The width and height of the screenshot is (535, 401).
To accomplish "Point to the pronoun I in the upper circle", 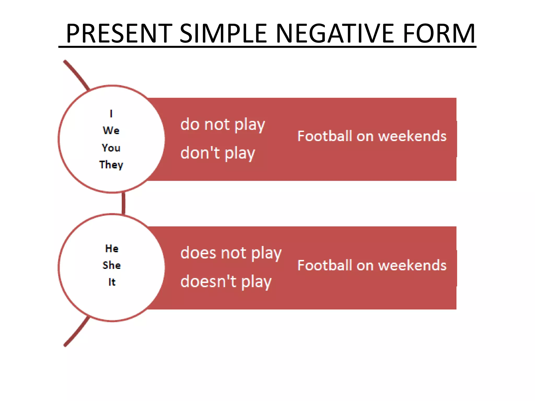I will click(111, 114).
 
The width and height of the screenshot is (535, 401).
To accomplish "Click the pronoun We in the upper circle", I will click(111, 131).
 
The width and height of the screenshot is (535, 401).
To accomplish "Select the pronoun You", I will click(111, 148).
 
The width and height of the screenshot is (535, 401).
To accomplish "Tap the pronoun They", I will click(111, 165).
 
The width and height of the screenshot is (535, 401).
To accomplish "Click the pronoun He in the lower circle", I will click(112, 248).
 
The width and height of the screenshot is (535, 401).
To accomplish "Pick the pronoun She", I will click(112, 265).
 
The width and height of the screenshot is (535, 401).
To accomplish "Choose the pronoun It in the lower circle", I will click(112, 282).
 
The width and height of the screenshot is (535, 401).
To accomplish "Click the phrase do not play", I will click(223, 125).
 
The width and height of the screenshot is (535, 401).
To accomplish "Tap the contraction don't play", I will click(218, 153).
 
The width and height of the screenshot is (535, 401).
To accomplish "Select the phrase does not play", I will click(231, 253).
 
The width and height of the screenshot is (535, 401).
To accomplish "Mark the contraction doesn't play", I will click(226, 282).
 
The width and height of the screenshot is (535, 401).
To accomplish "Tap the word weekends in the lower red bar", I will click(412, 265).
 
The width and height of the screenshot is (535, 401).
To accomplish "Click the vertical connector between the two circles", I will click(124, 203).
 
